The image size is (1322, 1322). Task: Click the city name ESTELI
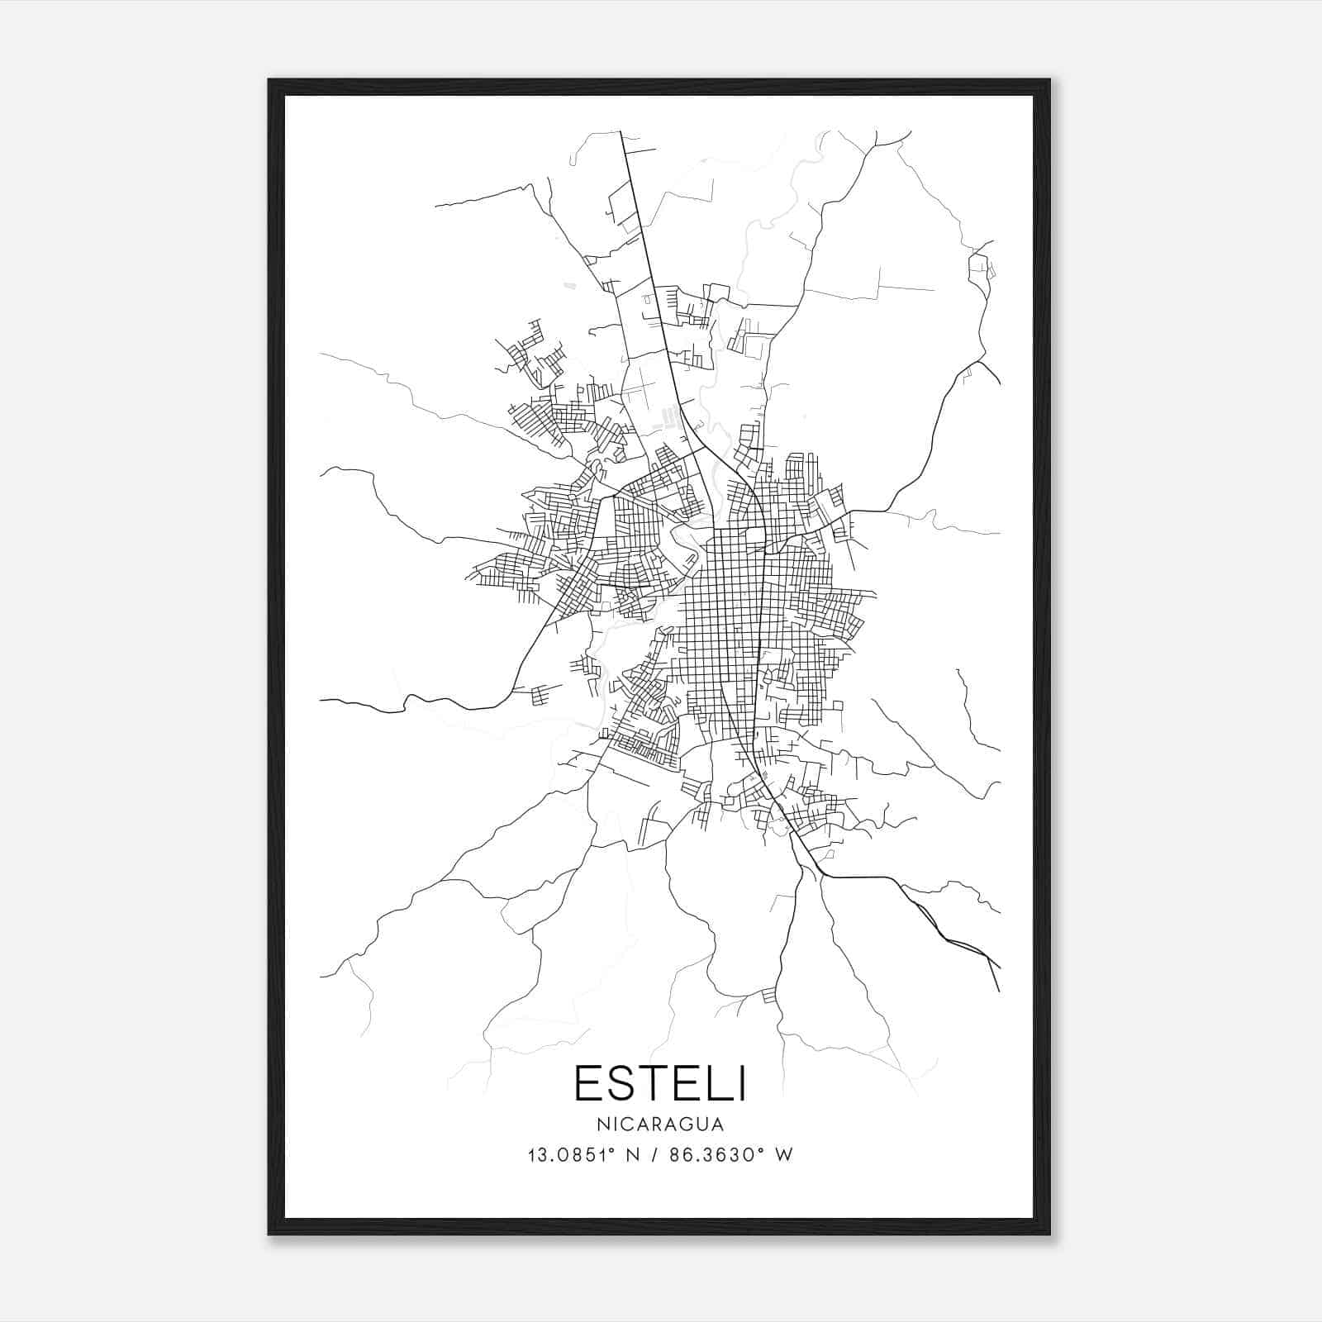click(x=659, y=1084)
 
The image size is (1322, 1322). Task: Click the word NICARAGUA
click(x=659, y=1125)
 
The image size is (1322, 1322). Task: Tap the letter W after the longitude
click(x=784, y=1155)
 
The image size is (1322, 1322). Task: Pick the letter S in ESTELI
click(x=612, y=1084)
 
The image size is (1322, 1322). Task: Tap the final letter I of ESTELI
click(x=742, y=1084)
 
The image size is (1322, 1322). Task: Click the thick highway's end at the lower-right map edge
click(x=999, y=990)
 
